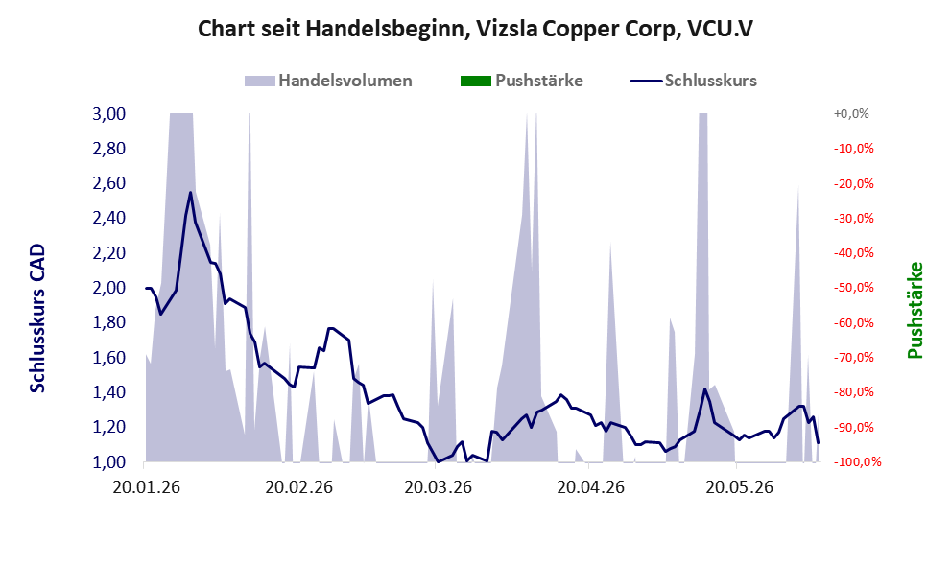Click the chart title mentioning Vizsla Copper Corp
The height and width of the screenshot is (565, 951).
[x=475, y=29]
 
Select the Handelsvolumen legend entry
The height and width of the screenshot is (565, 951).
[x=328, y=81]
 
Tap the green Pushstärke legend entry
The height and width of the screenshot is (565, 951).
[x=522, y=81]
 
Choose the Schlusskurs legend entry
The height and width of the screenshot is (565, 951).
[x=693, y=81]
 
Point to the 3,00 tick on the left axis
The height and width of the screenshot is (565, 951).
[x=109, y=114]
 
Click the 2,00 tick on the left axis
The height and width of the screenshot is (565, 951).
[x=109, y=288]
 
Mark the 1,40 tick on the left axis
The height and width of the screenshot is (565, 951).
[x=109, y=392]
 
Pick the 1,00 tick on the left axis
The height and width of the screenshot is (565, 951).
[x=109, y=462]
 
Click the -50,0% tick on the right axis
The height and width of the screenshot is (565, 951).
[x=853, y=288]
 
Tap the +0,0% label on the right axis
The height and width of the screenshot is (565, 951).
[x=851, y=114]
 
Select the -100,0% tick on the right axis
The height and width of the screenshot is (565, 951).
[x=857, y=462]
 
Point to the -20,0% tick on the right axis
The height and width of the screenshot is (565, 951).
[x=853, y=183]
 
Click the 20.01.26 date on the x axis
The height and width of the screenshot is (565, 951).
[x=147, y=487]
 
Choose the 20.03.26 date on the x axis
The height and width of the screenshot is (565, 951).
[x=438, y=487]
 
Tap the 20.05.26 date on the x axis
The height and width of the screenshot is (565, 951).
[x=739, y=487]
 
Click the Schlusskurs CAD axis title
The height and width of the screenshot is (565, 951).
[x=37, y=318]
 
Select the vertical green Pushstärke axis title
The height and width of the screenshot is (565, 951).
[x=915, y=310]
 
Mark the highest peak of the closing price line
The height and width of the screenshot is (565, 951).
[x=190, y=192]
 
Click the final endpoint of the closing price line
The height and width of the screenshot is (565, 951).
[x=819, y=443]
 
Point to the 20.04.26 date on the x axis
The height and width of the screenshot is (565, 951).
[x=591, y=487]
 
